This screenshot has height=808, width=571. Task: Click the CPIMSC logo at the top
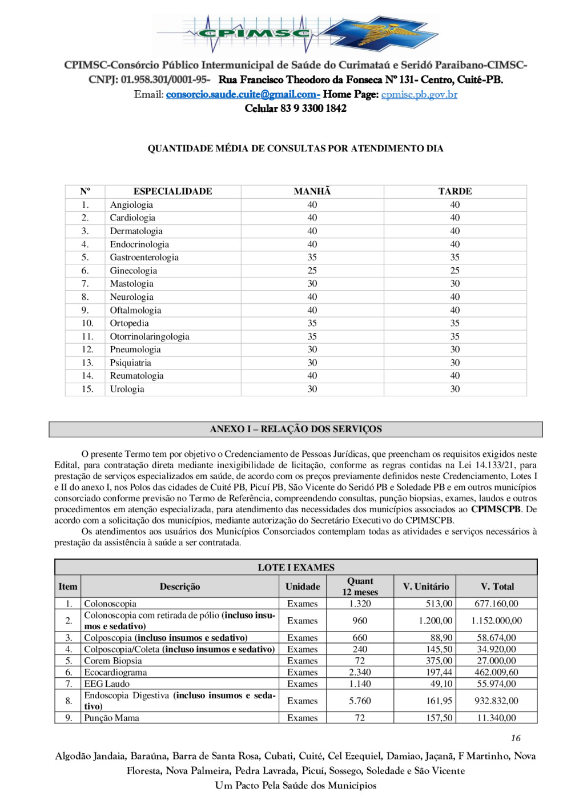coord(295,34)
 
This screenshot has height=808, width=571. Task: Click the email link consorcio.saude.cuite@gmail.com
coord(242,95)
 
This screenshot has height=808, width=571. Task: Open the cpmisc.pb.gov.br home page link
coord(419,95)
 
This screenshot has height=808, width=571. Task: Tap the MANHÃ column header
coord(312,191)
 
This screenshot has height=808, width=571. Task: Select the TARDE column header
coord(455,191)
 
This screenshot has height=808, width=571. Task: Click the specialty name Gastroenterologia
coord(144,258)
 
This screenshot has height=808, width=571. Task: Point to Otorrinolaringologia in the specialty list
coord(150,337)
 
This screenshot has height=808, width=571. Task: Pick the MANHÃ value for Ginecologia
coord(312,271)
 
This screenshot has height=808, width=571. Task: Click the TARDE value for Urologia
coord(455,389)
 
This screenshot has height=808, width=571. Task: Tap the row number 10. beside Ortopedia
coord(87,324)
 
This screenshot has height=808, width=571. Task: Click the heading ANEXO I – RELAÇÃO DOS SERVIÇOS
coord(296,429)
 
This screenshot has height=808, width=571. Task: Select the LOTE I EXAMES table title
coord(296,568)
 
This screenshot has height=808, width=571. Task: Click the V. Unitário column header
coord(425,586)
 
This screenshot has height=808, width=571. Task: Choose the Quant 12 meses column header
coord(360,586)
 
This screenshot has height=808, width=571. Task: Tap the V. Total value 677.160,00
coord(496,604)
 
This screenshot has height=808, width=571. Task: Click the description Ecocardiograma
coord(115,673)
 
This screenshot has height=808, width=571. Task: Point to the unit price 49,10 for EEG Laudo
coord(441,684)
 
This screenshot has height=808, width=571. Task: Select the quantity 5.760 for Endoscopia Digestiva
coord(360,701)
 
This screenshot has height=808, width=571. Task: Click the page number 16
coord(516,738)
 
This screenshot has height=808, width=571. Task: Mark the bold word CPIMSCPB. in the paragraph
coord(496,509)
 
